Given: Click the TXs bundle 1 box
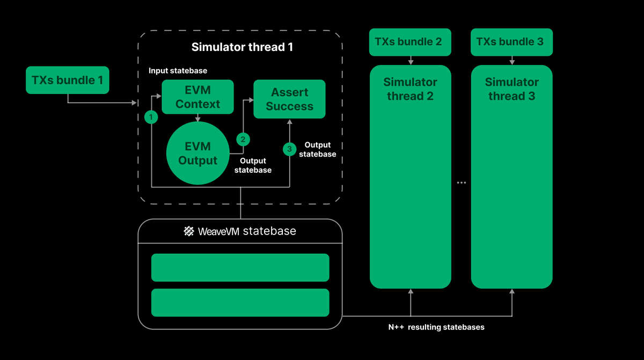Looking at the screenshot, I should coord(67,80).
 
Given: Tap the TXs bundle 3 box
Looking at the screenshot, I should coord(511,42).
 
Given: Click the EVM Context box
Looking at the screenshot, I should coord(197,97).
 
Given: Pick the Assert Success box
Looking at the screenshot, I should coord(289,99).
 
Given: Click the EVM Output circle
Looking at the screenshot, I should coord(197,153).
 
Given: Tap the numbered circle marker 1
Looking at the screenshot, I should coord(152,116).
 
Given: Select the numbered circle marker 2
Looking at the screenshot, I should coord(243,139).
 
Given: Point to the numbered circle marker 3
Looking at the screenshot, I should coord(290,148).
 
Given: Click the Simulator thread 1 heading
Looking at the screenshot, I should coord(242,47).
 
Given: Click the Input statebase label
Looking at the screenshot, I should coord(178,71).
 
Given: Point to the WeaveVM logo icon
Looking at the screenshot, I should coord(189,231).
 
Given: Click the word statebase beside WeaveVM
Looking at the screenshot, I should coord(269,231).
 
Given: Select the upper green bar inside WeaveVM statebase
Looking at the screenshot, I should coord(240,267).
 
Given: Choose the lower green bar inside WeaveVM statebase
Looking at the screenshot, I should coord(240,303).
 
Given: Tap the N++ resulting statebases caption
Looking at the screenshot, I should coord(436,327).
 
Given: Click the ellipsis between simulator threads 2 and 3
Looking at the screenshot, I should coord(461,182).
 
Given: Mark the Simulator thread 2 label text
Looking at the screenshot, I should coord(410,89).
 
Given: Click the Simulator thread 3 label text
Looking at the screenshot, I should coord(511,89).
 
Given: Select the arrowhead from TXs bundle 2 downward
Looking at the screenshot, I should coord(411,62).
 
